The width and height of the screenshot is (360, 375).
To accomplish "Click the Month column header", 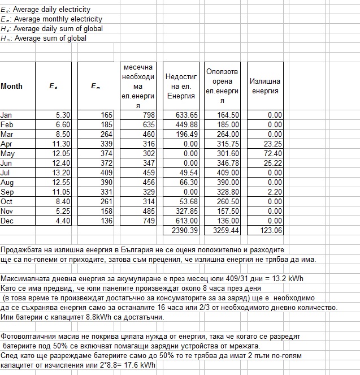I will (12, 87).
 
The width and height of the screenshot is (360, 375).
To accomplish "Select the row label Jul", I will (6, 173).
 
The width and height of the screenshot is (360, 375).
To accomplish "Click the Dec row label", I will (7, 221).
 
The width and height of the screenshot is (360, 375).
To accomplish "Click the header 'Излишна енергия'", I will (265, 87).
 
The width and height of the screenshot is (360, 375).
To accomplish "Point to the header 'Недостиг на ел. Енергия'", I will (181, 87).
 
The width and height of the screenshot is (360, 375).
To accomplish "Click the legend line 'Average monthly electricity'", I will (51, 19).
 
